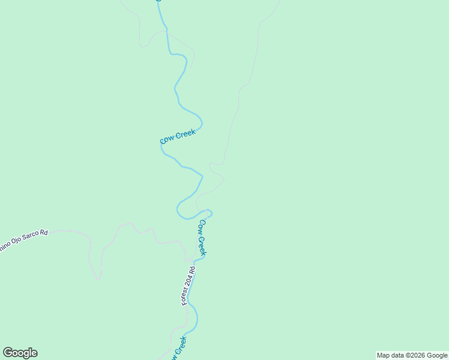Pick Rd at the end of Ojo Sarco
[43, 231]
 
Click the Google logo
[20, 353]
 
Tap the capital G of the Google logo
[8, 353]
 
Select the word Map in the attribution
[384, 355]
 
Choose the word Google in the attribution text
[437, 355]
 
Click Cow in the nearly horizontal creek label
[167, 140]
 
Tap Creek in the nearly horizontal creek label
[185, 134]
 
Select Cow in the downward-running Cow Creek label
[202, 226]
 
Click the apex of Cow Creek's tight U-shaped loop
[177, 211]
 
